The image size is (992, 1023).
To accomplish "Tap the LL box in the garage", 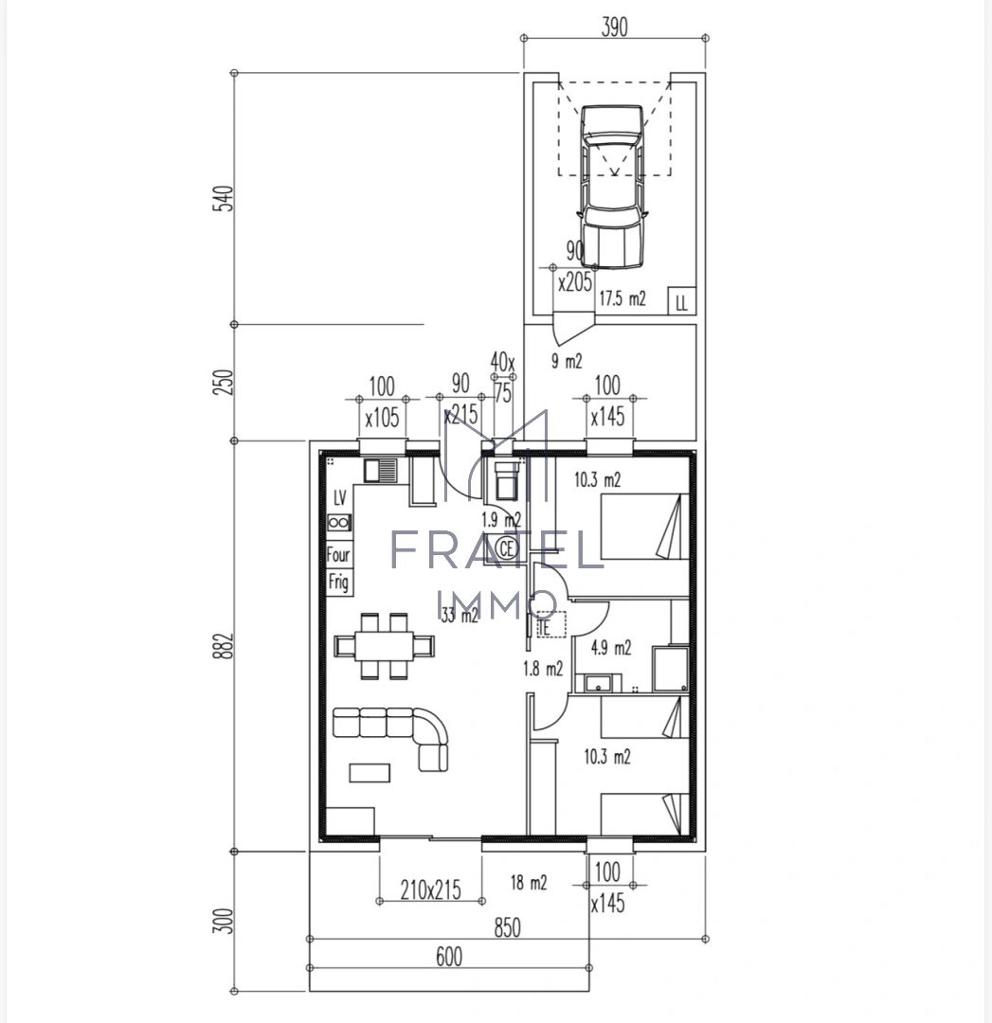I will pyautogui.click(x=681, y=302).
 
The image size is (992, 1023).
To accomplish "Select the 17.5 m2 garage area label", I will pyautogui.click(x=622, y=299).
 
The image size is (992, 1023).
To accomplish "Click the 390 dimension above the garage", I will pyautogui.click(x=613, y=27).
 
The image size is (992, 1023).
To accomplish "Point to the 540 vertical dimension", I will pyautogui.click(x=225, y=199).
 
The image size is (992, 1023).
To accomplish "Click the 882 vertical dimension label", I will pyautogui.click(x=225, y=647).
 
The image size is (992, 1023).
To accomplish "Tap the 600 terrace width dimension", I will pyautogui.click(x=449, y=957).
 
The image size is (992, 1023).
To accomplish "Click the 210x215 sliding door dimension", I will pyautogui.click(x=429, y=889).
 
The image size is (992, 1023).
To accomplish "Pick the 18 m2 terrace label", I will pyautogui.click(x=529, y=883).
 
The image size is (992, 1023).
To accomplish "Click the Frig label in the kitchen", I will pyautogui.click(x=338, y=582).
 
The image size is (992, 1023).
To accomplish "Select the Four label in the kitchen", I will pyautogui.click(x=338, y=556).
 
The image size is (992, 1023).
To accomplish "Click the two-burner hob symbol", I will pyautogui.click(x=339, y=522).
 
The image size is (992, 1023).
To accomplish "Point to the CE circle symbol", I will pyautogui.click(x=506, y=547).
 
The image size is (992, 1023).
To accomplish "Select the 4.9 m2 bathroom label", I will pyautogui.click(x=610, y=648).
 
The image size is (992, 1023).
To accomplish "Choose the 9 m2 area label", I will pyautogui.click(x=567, y=361).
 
